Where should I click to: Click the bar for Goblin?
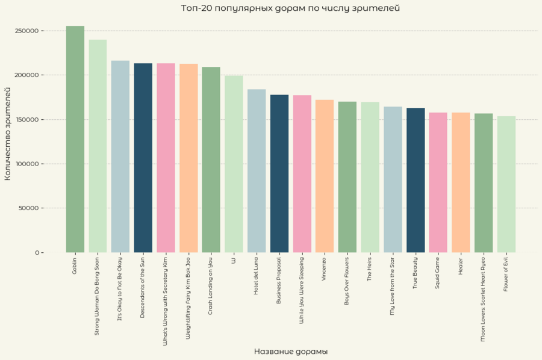click(x=75, y=139)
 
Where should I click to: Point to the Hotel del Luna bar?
click(x=257, y=171)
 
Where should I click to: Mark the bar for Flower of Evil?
click(x=506, y=184)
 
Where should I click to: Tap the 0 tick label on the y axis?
click(x=37, y=253)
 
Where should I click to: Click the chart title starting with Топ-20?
click(x=290, y=8)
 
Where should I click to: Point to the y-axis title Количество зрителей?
click(x=8, y=133)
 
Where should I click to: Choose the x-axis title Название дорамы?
click(x=290, y=352)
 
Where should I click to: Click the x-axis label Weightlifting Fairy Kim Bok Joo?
click(x=188, y=298)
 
